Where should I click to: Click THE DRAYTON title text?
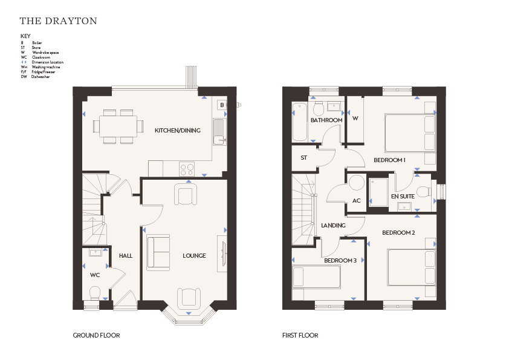pyautogui.click(x=59, y=21)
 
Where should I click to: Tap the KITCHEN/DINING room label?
pyautogui.click(x=178, y=131)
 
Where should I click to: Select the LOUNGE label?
pyautogui.click(x=194, y=256)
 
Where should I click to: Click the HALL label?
pyautogui.click(x=126, y=256)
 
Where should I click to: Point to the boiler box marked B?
pyautogui.click(x=222, y=105)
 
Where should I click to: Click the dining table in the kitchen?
pyautogui.click(x=118, y=126)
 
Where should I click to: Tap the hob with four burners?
pyautogui.click(x=187, y=169)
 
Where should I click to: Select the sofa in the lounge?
pyautogui.click(x=158, y=252)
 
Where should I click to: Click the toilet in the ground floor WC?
pyautogui.click(x=95, y=293)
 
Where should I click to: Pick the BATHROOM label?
pyautogui.click(x=326, y=120)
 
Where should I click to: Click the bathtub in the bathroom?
pyautogui.click(x=299, y=122)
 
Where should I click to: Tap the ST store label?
pyautogui.click(x=304, y=158)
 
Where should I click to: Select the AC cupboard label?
pyautogui.click(x=357, y=201)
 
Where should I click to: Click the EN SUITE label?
pyautogui.click(x=403, y=197)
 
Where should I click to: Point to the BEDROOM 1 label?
pyautogui.click(x=389, y=160)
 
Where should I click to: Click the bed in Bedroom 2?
pyautogui.click(x=411, y=267)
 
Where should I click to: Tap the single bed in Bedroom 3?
pyautogui.click(x=316, y=277)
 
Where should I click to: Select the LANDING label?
pyautogui.click(x=333, y=226)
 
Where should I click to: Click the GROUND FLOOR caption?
pyautogui.click(x=96, y=335)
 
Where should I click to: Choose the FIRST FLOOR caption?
pyautogui.click(x=300, y=335)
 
